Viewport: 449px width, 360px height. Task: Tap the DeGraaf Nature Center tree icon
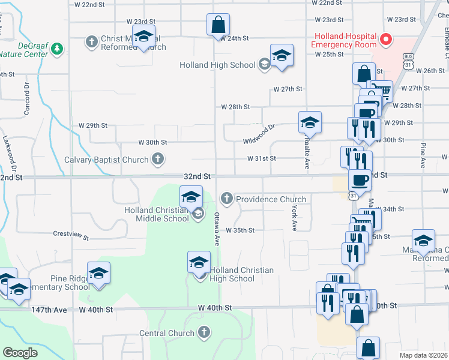[x=57, y=48]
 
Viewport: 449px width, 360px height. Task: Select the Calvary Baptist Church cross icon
[x=157, y=160]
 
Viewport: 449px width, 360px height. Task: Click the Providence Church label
[x=271, y=199]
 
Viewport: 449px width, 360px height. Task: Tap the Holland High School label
[x=217, y=65]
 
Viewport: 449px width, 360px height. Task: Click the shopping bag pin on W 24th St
[x=218, y=25]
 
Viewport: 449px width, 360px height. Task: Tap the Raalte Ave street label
[x=306, y=155]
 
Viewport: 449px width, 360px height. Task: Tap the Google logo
[x=20, y=353]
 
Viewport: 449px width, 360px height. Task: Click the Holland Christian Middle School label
[x=156, y=214]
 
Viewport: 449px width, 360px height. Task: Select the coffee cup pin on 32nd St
[x=360, y=180]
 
